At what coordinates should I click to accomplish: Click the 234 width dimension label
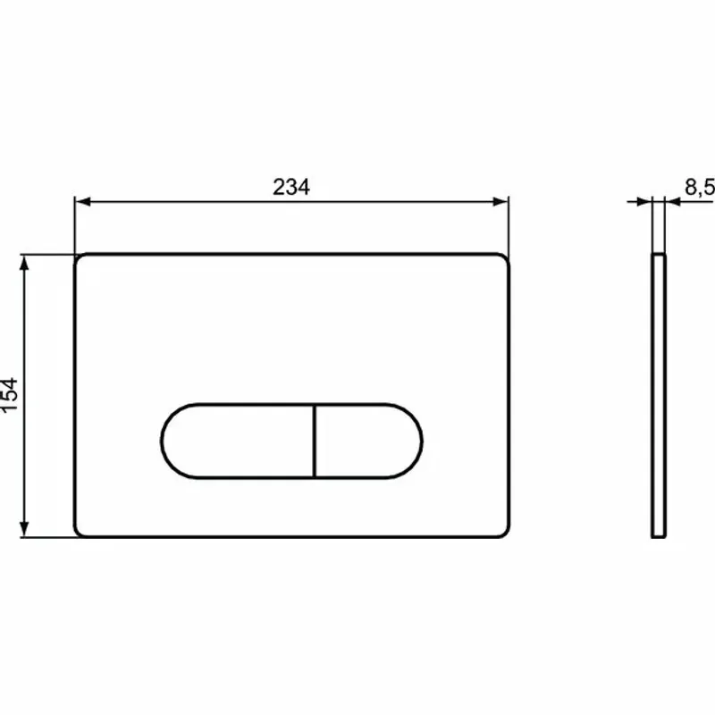(291, 187)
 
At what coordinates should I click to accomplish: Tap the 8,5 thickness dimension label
(699, 187)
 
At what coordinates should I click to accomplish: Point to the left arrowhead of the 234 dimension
(81, 202)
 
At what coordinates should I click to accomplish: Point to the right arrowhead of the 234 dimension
(502, 202)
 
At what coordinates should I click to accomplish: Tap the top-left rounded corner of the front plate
(80, 258)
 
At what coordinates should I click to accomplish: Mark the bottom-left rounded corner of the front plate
(80, 532)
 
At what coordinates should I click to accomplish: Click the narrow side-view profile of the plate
(659, 395)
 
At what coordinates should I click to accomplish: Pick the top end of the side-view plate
(659, 256)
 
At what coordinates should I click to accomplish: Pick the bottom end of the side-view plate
(659, 535)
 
